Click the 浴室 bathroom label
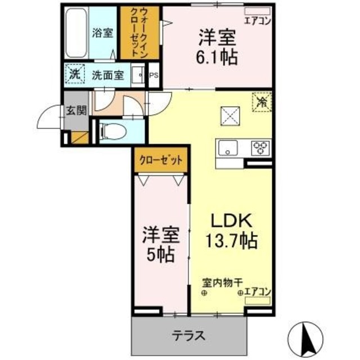click(102, 33)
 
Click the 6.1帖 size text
click(217, 56)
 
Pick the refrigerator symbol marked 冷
click(261, 101)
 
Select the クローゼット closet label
click(161, 160)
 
